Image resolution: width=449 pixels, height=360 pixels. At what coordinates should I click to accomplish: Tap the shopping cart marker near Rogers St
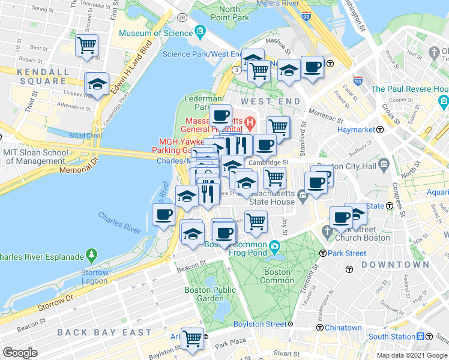[87, 45]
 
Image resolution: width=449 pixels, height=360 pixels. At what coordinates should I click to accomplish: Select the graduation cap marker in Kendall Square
[97, 85]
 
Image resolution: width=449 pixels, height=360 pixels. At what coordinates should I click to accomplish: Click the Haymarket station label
[355, 129]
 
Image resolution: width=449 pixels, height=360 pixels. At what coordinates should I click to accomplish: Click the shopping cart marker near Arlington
[192, 338]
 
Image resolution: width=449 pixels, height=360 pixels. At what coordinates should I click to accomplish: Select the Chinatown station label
[343, 328]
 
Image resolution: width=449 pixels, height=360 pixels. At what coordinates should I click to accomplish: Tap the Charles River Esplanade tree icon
[91, 256]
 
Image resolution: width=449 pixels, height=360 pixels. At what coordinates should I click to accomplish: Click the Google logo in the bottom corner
[20, 352]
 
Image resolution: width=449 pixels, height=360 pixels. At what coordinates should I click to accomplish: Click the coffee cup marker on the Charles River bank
[163, 214]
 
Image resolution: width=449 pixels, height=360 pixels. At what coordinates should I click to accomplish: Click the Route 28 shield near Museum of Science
[181, 17]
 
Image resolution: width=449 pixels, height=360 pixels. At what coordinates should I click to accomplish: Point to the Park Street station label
[346, 253]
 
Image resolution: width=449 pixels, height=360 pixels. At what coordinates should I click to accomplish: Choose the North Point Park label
[229, 13]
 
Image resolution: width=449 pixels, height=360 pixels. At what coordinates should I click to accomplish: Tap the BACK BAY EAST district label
[104, 332]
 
